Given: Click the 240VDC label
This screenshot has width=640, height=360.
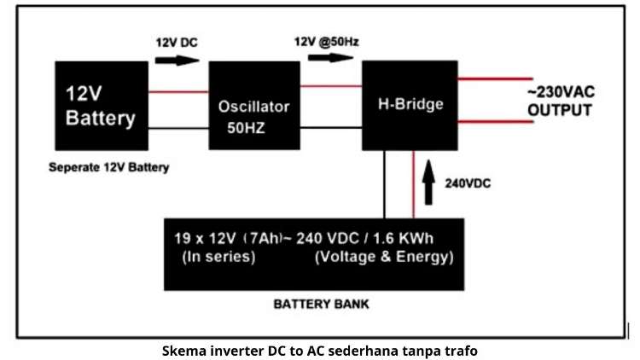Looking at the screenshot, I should click(x=468, y=183).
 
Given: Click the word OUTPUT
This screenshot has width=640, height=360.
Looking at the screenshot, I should click(x=559, y=110).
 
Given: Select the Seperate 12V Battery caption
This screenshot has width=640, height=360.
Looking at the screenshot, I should click(x=108, y=168).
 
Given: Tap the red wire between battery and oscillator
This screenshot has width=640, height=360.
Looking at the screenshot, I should click(x=178, y=91).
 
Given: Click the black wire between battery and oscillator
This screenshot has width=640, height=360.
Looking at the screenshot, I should click(x=178, y=128).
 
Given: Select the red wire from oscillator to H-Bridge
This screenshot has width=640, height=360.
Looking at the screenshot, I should click(x=331, y=85).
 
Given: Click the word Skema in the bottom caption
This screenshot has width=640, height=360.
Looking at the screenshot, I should click(x=183, y=349).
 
